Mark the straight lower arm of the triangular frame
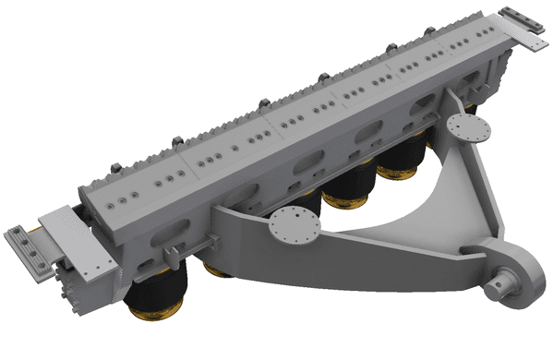click(x=388, y=249)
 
